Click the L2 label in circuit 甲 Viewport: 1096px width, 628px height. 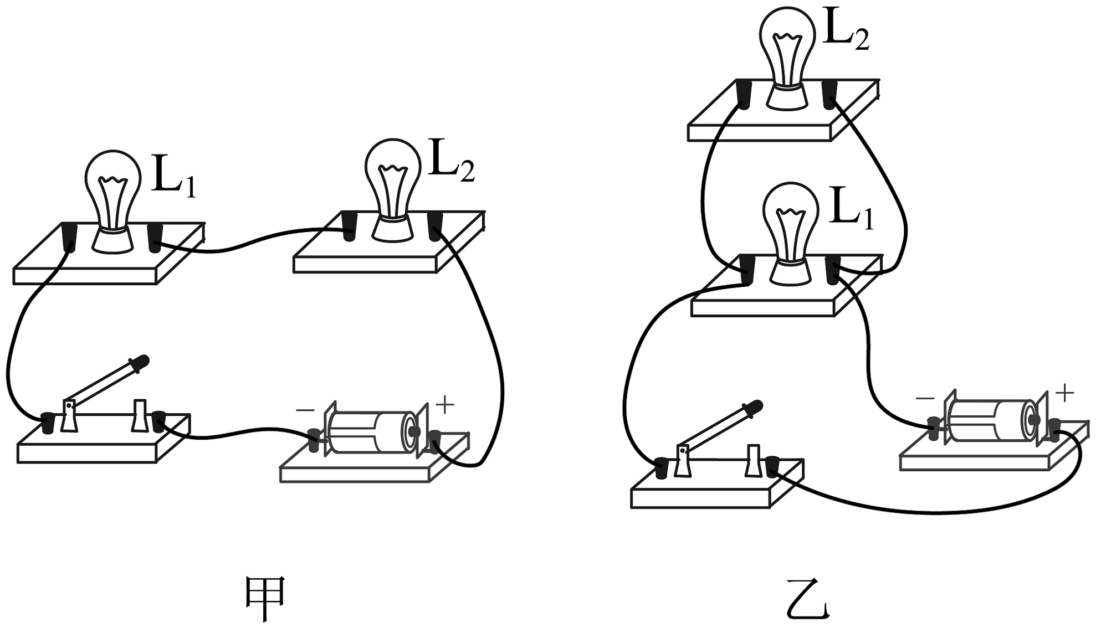pos(452,163)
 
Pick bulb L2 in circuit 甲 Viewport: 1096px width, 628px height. pos(392,190)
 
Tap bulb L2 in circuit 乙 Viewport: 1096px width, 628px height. pos(787,58)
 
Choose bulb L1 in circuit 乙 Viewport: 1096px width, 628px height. pos(791,234)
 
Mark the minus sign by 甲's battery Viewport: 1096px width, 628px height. pos(305,410)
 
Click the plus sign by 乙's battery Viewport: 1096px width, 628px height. pos(1065,394)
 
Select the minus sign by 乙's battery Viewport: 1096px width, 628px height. pos(925,398)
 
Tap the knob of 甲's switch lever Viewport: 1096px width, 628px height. pos(141,361)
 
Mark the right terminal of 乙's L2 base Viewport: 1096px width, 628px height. pos(829,94)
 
